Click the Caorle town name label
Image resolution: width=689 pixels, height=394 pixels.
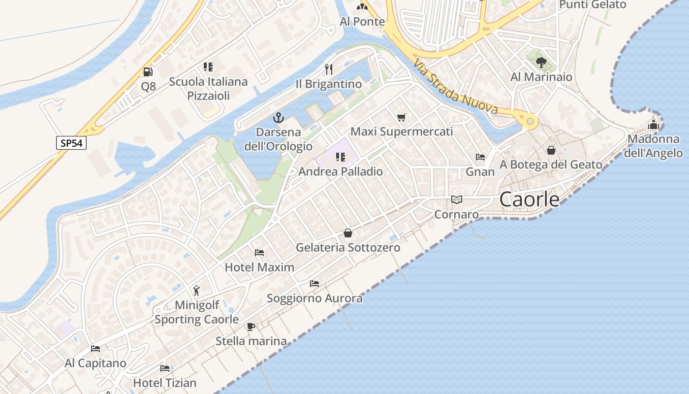529,199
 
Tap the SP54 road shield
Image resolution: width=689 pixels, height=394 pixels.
71,143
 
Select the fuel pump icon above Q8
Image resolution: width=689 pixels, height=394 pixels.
148,72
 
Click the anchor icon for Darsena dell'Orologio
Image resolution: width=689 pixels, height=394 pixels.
279,118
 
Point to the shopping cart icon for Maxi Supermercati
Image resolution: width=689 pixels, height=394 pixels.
402,117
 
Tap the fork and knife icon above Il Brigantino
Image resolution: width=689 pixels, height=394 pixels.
329,69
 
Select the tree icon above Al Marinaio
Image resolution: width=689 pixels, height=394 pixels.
541,62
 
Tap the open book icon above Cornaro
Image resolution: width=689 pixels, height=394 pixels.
457,199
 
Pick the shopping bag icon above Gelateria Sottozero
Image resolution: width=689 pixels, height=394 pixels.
348,232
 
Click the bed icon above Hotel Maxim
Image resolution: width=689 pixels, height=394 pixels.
259,253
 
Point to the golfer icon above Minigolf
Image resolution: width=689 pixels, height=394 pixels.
197,291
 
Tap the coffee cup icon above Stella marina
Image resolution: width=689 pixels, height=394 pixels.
251,327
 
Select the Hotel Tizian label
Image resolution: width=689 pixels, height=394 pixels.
164,383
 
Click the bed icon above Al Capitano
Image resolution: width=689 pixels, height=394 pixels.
95,349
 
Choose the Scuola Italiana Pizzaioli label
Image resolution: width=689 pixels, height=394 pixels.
208,88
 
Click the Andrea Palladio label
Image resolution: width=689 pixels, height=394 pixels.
341,171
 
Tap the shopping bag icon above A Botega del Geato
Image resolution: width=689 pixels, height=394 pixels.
551,150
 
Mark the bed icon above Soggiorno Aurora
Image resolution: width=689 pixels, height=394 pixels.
314,284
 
